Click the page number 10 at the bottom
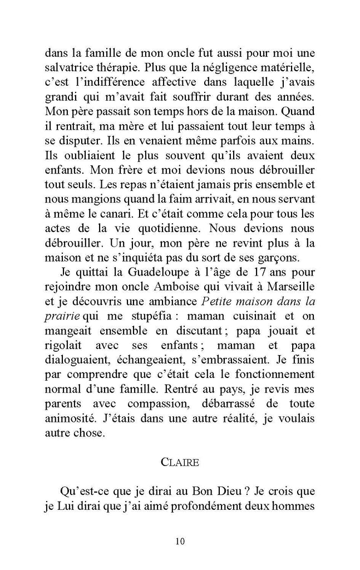(x=180, y=541)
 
